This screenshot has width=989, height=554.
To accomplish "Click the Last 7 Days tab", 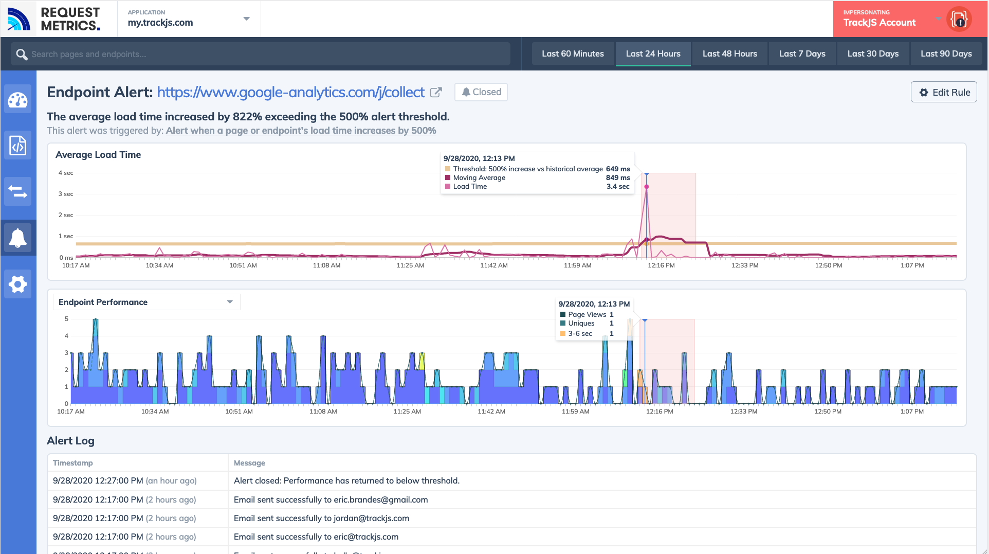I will click(802, 53).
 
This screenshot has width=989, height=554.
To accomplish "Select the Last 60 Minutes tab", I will click(573, 53).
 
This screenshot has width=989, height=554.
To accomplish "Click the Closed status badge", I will click(481, 92).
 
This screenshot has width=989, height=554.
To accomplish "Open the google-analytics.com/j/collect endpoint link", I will click(290, 92).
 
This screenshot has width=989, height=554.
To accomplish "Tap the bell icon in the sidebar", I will click(18, 238).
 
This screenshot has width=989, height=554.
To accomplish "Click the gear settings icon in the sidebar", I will click(18, 284).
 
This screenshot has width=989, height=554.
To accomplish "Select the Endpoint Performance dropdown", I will click(146, 302).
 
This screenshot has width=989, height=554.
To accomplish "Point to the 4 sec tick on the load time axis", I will click(66, 173).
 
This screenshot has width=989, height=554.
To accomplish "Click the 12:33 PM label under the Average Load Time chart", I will click(745, 265).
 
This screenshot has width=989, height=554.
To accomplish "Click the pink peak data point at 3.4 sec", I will click(647, 187).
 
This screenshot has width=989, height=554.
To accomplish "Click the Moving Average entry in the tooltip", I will click(479, 177).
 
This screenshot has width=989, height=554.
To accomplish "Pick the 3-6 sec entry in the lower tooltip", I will click(580, 333).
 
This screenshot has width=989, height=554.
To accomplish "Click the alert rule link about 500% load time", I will click(301, 131).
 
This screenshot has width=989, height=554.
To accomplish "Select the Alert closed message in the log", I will click(346, 480).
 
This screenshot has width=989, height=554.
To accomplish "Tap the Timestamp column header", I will click(73, 462).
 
